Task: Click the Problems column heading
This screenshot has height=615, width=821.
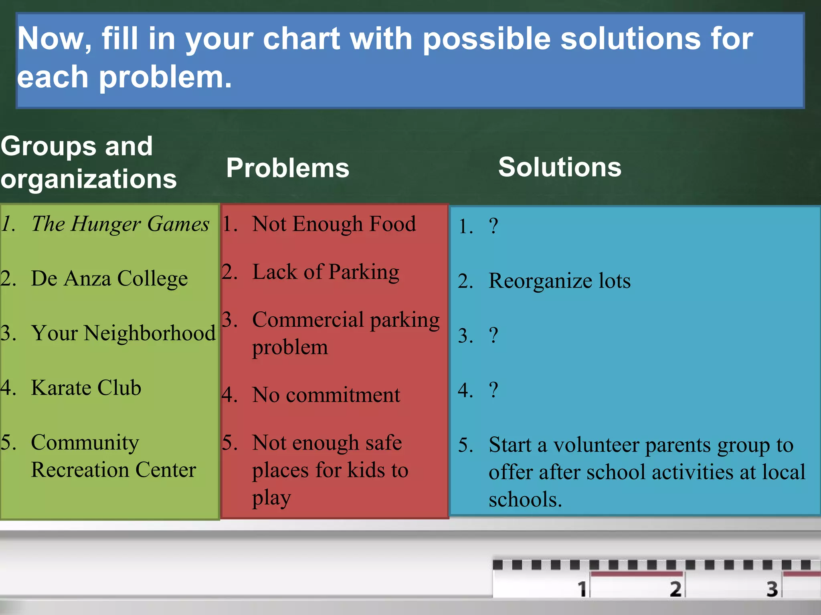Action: (287, 168)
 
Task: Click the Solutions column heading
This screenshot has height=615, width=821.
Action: (560, 167)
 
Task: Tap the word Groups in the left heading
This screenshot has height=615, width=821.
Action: (49, 146)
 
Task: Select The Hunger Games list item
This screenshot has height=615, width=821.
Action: (120, 224)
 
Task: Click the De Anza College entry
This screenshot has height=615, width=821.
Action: (109, 278)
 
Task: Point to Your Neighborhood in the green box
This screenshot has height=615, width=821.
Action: (123, 333)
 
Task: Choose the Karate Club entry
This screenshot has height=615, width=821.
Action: (86, 388)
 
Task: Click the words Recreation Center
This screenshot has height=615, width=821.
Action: (113, 470)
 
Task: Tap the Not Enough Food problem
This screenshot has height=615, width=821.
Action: (334, 224)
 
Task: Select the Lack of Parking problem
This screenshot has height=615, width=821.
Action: (326, 272)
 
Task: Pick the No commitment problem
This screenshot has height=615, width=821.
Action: (326, 395)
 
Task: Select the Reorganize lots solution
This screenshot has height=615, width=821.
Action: (559, 281)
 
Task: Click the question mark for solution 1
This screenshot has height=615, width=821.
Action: (493, 226)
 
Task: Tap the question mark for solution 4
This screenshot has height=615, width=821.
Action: (493, 390)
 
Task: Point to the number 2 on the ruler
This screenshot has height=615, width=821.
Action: (675, 589)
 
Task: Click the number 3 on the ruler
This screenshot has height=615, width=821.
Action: (772, 589)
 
